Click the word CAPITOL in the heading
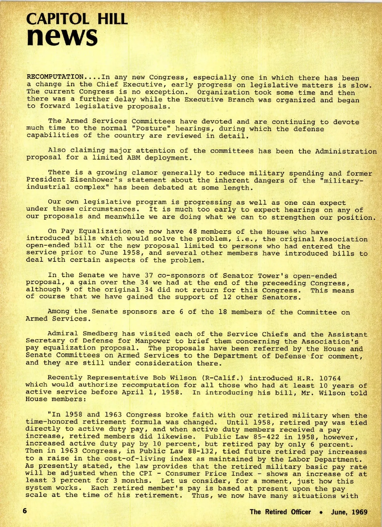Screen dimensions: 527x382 click(x=58, y=19)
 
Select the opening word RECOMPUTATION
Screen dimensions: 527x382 click(x=55, y=77)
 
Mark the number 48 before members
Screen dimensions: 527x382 click(x=193, y=232)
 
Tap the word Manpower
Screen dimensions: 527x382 click(x=152, y=341)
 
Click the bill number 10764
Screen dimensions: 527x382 click(x=330, y=378)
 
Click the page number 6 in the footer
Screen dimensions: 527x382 click(x=25, y=511)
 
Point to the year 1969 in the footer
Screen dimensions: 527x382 click(x=359, y=512)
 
